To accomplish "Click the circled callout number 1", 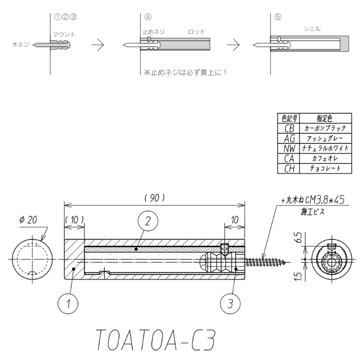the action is point(68,303).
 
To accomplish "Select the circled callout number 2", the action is point(148,221).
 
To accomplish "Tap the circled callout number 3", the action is point(230,303).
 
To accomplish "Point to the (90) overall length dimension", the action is point(155,198).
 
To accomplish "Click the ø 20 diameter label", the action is point(28,220).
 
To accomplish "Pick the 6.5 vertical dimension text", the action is point(299,238).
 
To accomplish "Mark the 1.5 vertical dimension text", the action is point(298,276).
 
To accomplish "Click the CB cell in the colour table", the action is point(289,129).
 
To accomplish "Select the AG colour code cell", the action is point(289,138).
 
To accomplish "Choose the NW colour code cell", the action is point(289,149).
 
